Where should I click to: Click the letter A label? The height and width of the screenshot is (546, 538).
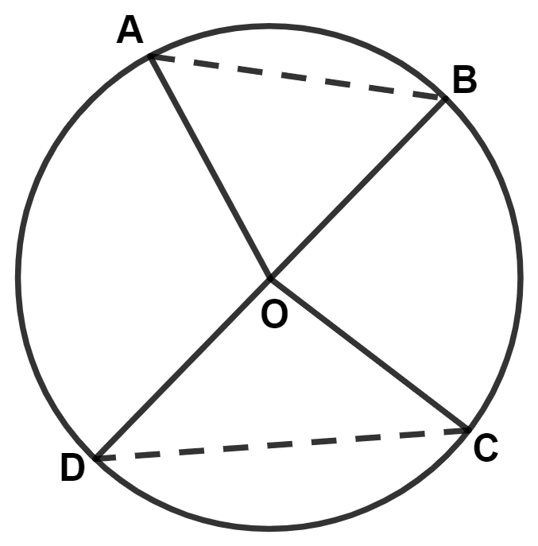(x=130, y=29)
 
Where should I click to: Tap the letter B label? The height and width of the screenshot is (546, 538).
(x=465, y=79)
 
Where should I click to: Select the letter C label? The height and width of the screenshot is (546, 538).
(x=486, y=448)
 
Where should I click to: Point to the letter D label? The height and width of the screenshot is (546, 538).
(x=72, y=467)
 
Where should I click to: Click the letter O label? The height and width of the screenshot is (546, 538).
(x=274, y=314)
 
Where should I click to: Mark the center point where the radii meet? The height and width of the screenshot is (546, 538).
(x=270, y=278)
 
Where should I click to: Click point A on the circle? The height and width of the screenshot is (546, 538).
(x=150, y=56)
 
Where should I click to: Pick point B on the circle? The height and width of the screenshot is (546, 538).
(x=445, y=99)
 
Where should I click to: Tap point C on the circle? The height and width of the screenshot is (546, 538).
(x=468, y=431)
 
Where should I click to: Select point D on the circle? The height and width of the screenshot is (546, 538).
(x=96, y=459)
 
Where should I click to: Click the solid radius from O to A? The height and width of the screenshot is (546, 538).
(x=211, y=167)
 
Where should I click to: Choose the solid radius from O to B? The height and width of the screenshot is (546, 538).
(x=358, y=188)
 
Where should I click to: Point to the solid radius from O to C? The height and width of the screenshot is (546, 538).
(x=370, y=354)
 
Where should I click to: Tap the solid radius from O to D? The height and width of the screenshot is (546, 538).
(x=183, y=369)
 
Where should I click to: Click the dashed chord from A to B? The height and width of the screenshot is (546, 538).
(x=297, y=78)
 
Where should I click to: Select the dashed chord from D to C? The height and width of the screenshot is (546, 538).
(x=282, y=445)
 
